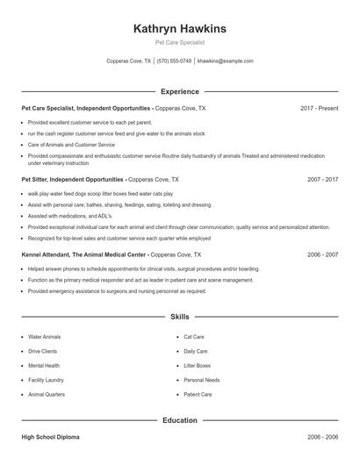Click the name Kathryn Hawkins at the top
[179, 29]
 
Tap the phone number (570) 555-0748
[175, 61]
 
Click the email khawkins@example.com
[226, 61]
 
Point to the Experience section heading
[179, 91]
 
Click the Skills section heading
[179, 316]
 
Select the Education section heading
[179, 420]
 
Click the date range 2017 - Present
[319, 108]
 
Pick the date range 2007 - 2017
[323, 179]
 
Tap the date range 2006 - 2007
[323, 254]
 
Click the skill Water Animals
[45, 337]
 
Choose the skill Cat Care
[194, 337]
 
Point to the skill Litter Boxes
[198, 365]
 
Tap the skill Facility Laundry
[46, 380]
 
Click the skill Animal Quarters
[47, 394]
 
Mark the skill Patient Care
[198, 394]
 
